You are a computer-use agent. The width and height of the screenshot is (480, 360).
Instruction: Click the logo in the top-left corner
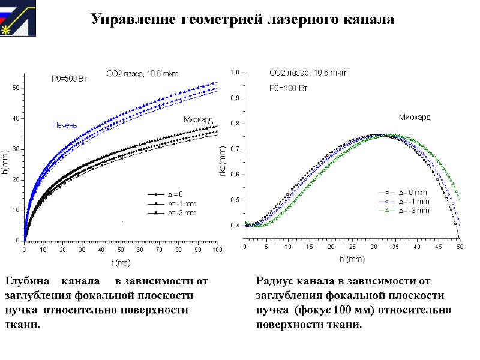pos(18,18)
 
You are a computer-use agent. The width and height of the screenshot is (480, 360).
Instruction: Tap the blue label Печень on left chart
pos(64,125)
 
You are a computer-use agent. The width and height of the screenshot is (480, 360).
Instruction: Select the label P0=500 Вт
pos(68,79)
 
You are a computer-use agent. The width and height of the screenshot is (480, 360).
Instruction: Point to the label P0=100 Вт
pos(288,88)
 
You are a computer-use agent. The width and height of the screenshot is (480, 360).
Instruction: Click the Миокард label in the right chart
pos(415,116)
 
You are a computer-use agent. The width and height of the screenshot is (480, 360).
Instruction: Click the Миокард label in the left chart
pos(198,120)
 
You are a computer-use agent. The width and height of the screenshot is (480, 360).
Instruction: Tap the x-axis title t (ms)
pos(120,262)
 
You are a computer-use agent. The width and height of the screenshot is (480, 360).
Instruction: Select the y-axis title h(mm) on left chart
pos(5,163)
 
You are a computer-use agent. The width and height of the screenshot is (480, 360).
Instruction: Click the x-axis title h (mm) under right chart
pos(352,259)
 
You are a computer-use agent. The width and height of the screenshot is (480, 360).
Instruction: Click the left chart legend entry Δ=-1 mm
pos(181,203)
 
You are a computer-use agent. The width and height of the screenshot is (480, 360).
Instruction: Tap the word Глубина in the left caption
pos(28,280)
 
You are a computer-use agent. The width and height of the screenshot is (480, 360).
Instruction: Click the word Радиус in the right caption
pos(277,280)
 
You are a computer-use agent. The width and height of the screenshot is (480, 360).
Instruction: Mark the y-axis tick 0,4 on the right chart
pos(235,226)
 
